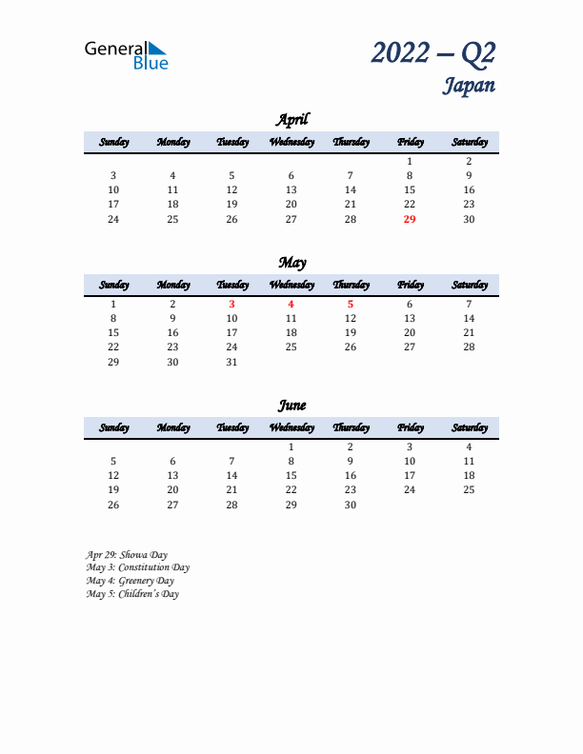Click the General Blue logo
126,55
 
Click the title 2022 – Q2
433,53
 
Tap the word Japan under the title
468,86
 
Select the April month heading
291,120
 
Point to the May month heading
291,263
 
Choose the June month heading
291,406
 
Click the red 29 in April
410,219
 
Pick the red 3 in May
231,305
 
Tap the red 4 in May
291,305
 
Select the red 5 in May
350,305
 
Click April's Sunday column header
113,143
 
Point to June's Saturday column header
469,428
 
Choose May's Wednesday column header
291,286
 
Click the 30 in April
469,219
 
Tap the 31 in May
231,362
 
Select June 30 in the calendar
350,505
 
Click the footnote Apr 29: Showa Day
126,554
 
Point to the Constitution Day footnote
137,567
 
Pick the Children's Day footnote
131,594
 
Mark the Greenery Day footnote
130,581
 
